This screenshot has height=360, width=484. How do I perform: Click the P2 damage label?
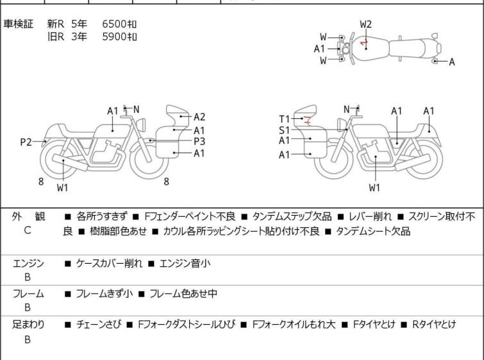pyautogui.click(x=26, y=142)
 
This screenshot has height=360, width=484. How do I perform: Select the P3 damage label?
pyautogui.click(x=199, y=141)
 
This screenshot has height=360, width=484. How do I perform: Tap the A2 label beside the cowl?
pyautogui.click(x=199, y=117)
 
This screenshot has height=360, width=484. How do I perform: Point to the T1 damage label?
pyautogui.click(x=285, y=119)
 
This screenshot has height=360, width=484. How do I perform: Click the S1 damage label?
pyautogui.click(x=285, y=130)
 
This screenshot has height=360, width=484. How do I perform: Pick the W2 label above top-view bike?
pyautogui.click(x=365, y=24)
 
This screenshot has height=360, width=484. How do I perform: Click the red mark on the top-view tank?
pyautogui.click(x=363, y=44)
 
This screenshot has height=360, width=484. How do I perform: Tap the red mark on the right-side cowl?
pyautogui.click(x=308, y=119)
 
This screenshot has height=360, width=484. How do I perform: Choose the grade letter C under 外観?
pyautogui.click(x=28, y=230)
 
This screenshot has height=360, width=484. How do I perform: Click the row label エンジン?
pyautogui.click(x=29, y=264)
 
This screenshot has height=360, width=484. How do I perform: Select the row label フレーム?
pyautogui.click(x=29, y=294)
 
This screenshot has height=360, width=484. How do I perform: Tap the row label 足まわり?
pyautogui.click(x=29, y=325)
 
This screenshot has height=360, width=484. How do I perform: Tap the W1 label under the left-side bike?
pyautogui.click(x=62, y=188)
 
